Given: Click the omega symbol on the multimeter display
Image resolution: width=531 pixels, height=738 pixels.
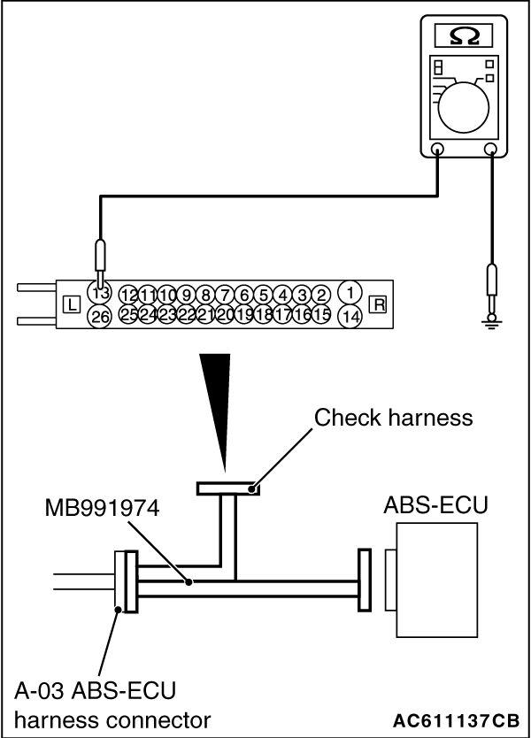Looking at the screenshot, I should (466, 36).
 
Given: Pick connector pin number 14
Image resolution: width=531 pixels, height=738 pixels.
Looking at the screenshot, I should (351, 316).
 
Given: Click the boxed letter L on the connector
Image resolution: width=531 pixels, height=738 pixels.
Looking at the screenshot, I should (72, 305).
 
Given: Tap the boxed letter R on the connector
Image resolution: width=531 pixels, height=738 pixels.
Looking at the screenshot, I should (380, 305).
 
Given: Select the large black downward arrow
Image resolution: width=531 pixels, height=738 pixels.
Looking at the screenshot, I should (218, 398).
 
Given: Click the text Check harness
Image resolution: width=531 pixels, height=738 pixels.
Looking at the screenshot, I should (394, 417).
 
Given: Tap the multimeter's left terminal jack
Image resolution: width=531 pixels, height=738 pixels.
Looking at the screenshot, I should (437, 150).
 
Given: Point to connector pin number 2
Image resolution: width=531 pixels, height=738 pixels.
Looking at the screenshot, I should (321, 294).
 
